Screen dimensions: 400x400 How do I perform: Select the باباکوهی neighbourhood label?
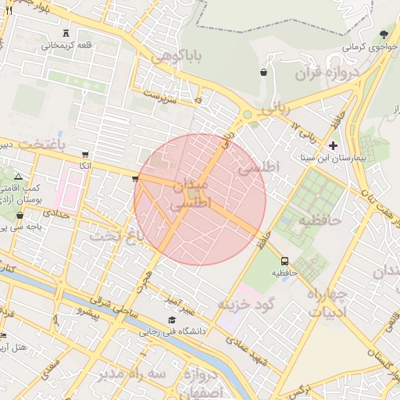[177, 56]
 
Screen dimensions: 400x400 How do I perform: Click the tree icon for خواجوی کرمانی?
[384, 35]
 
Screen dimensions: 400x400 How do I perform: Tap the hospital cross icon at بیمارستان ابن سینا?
[334, 146]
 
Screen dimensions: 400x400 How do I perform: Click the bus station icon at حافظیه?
[284, 261]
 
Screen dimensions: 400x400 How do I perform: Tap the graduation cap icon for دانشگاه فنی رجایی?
[172, 320]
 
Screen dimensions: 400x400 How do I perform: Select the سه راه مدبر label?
[132, 374]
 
